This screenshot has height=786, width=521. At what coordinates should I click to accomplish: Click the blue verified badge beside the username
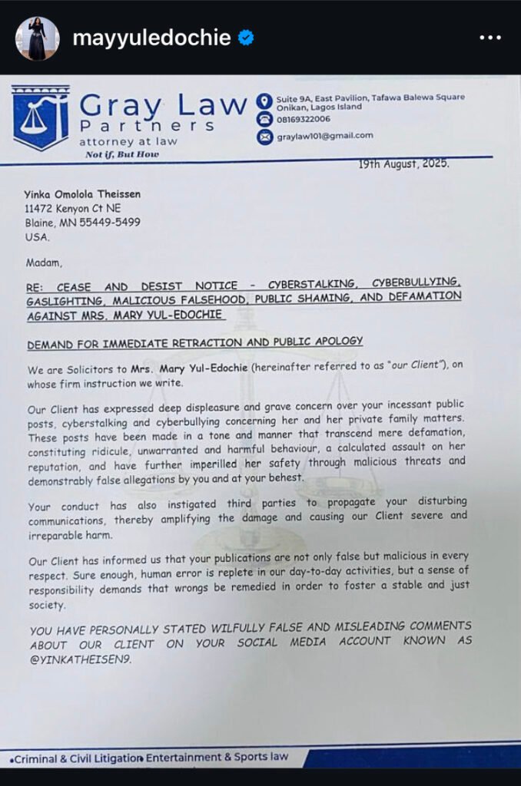[246, 38]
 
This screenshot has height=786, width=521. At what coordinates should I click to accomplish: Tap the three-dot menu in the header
[490, 38]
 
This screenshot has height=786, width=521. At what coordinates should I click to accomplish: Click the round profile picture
[37, 38]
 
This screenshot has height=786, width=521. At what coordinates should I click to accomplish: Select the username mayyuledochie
[151, 38]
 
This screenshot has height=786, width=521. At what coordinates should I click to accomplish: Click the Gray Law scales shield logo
[40, 117]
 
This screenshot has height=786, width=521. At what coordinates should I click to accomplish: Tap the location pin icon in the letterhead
[264, 101]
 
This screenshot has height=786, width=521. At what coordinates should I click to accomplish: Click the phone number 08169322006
[304, 119]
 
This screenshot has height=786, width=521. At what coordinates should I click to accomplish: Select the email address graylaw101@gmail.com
[325, 136]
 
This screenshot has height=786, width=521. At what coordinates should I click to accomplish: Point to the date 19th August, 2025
[404, 163]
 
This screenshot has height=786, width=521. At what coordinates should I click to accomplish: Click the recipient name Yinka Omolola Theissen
[82, 194]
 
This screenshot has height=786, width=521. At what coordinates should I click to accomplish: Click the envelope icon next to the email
[264, 137]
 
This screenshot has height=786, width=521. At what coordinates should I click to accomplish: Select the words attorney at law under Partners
[128, 141]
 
